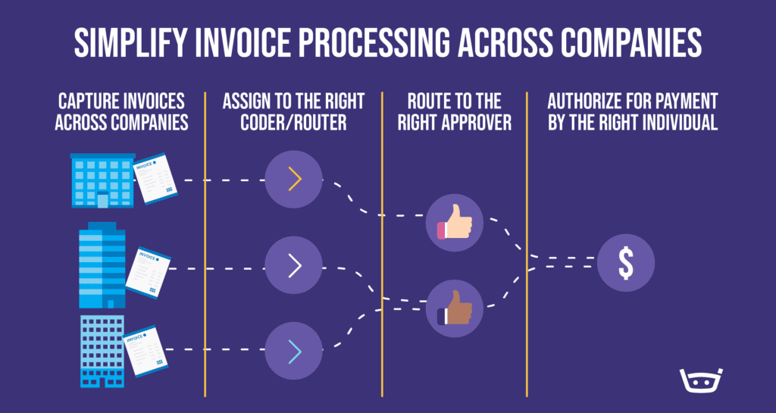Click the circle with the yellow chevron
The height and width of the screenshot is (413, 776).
294,180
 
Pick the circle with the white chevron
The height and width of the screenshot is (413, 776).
294,265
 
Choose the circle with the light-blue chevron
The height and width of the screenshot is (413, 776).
294,350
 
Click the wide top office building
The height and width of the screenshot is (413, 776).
102,180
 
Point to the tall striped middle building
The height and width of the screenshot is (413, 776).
102,265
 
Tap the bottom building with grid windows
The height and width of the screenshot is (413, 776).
102,351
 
